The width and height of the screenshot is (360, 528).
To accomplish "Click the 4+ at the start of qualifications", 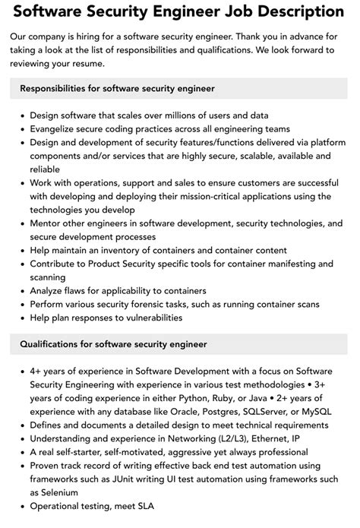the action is [37, 371].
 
